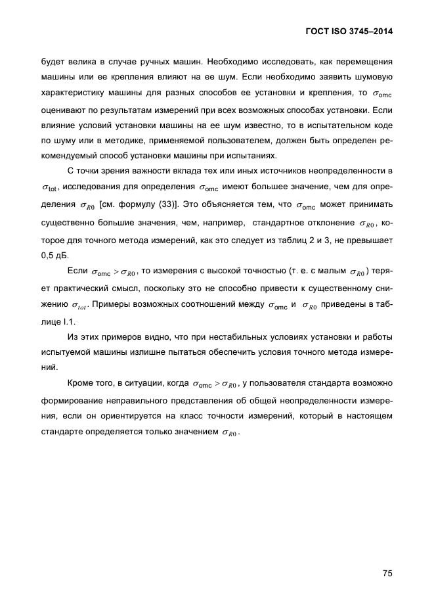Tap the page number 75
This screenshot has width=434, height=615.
point(387,573)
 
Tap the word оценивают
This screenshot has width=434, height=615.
point(64,110)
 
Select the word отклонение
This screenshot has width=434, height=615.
point(330,222)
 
